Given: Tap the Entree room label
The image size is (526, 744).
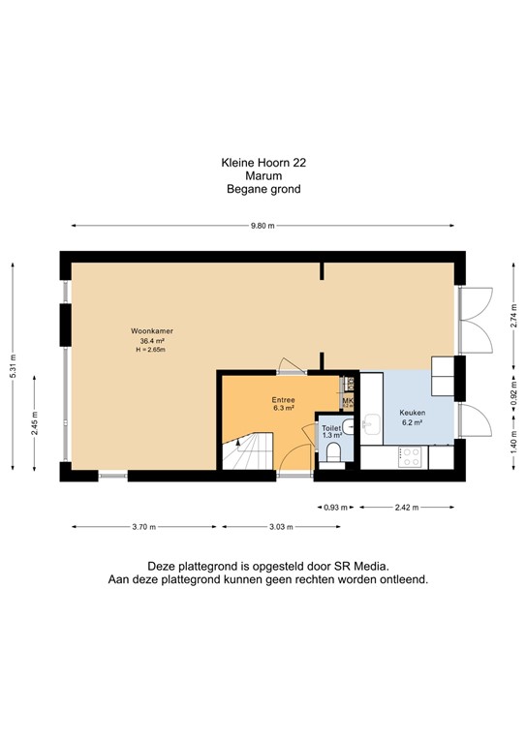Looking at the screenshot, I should (x=283, y=400).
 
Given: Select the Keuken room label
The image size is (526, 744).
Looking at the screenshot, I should (x=413, y=412).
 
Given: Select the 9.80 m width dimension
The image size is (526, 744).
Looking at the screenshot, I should (x=263, y=226).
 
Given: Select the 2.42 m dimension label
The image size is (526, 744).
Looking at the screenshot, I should (x=407, y=507).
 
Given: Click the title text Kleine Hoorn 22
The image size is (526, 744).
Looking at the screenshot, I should (x=263, y=165).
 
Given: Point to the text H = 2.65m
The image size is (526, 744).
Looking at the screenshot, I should (x=151, y=350).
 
